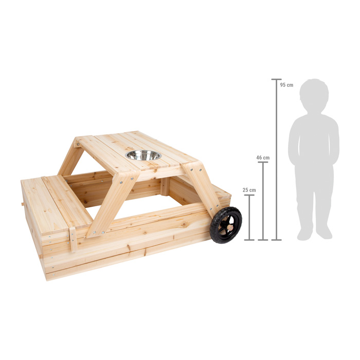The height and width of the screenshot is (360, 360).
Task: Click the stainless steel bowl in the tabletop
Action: coord(143,155)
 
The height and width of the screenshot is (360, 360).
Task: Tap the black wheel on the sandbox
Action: coord(225,225)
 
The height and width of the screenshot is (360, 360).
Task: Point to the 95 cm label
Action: coord(286,85)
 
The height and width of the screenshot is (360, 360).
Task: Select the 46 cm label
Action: coord(262,158)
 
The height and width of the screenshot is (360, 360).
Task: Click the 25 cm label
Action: coord(249,190)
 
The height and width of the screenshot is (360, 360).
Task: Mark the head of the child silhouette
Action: coord(314,96)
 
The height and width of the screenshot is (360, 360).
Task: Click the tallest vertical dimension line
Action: coord(277,159)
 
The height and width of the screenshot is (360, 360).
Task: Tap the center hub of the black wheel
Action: coord(226,225)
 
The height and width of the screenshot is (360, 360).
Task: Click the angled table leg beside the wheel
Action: coord(202,190)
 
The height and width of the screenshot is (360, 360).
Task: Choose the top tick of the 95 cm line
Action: coord(277,80)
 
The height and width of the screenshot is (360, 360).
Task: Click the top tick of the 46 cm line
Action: coord(263,163)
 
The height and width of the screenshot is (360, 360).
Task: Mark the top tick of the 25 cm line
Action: coord(249,195)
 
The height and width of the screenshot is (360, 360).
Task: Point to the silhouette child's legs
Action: coord(314,206)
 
